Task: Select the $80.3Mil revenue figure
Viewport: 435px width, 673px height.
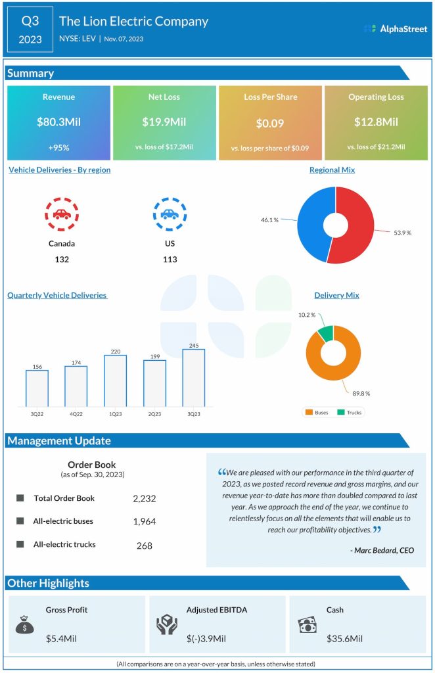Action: point(58,122)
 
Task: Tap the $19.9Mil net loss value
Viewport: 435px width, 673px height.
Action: point(164,122)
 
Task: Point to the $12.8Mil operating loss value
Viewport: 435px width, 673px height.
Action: point(376,122)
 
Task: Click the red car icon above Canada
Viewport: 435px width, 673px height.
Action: point(62,214)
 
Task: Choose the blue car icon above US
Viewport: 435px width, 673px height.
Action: point(170,214)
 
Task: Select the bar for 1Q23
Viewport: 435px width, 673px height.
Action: point(116,381)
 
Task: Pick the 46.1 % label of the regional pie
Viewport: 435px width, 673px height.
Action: point(270,220)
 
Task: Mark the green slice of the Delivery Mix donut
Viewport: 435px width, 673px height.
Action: point(324,333)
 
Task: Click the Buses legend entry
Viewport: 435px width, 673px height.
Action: point(317,412)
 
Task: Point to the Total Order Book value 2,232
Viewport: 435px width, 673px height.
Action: point(145,499)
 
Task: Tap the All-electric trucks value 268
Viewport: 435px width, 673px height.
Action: point(145,545)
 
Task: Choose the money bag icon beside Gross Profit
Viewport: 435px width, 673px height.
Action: point(25,624)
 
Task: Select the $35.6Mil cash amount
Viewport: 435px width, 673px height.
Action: point(344,638)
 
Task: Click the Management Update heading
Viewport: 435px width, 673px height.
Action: point(59,441)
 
